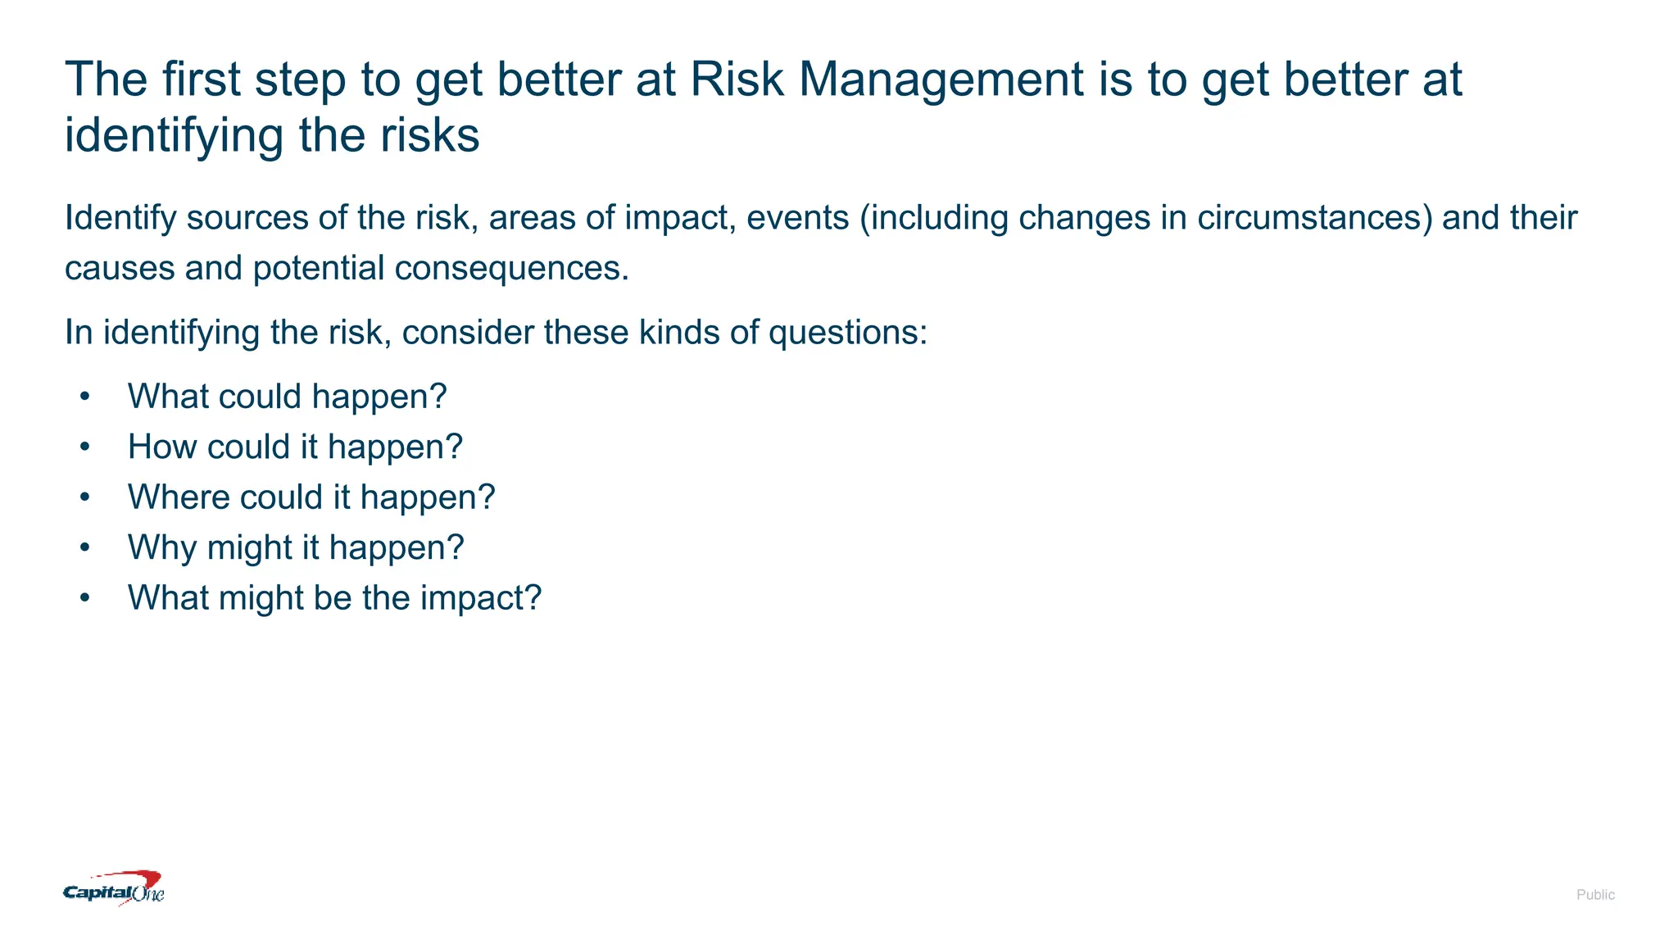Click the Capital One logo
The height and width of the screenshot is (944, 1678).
point(114,889)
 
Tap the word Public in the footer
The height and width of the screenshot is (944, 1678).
point(1594,895)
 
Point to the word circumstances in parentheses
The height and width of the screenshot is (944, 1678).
point(1314,218)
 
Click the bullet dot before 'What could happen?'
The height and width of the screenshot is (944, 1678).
point(85,397)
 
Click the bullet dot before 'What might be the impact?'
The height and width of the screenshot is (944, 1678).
point(85,598)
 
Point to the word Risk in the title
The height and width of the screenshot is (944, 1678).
point(737,79)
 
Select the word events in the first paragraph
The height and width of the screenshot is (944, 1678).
point(797,218)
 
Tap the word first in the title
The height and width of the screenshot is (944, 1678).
point(201,79)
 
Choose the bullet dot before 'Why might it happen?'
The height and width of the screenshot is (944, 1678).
point(85,548)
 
